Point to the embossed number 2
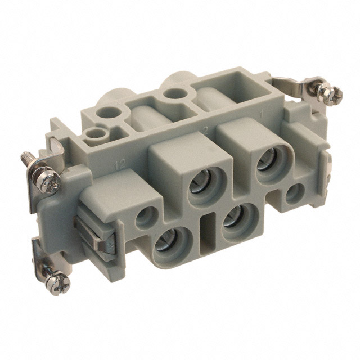click(206, 130)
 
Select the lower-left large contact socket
click(166, 244)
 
